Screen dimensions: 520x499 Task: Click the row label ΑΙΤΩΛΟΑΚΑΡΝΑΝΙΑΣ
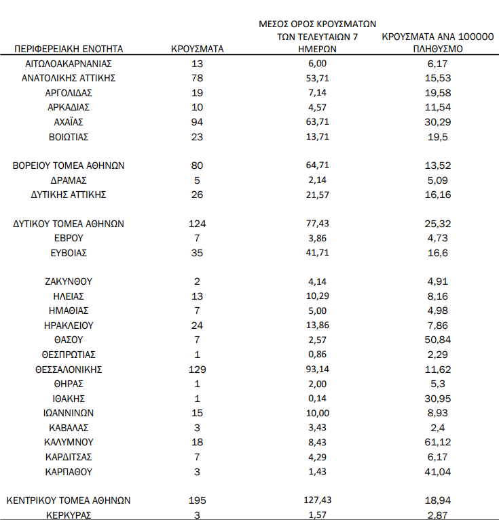point(69,63)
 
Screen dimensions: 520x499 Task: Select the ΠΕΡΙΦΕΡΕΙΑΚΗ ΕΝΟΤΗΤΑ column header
point(68,49)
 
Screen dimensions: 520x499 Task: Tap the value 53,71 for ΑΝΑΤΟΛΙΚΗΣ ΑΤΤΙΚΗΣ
point(318,78)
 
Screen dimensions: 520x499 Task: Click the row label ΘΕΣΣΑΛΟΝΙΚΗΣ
point(69,369)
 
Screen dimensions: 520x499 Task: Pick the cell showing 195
point(196,500)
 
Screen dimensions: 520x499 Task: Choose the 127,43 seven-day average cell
point(318,500)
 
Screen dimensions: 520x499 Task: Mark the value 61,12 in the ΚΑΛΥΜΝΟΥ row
point(437,442)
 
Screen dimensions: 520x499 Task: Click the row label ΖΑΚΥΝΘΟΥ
point(69,281)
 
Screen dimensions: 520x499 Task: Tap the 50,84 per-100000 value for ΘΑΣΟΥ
point(437,340)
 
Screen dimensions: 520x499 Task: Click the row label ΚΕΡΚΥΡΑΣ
point(69,515)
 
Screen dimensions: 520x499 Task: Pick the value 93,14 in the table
point(318,369)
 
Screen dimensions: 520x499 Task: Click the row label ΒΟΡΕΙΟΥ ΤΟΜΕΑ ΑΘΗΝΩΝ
point(69,165)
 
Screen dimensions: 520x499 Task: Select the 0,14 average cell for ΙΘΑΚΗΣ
point(318,399)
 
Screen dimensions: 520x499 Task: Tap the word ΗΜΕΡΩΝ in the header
point(318,49)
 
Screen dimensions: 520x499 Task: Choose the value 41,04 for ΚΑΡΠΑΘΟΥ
point(437,471)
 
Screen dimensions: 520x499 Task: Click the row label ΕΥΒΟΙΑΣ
point(69,253)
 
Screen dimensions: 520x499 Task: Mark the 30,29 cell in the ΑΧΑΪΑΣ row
point(437,122)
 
